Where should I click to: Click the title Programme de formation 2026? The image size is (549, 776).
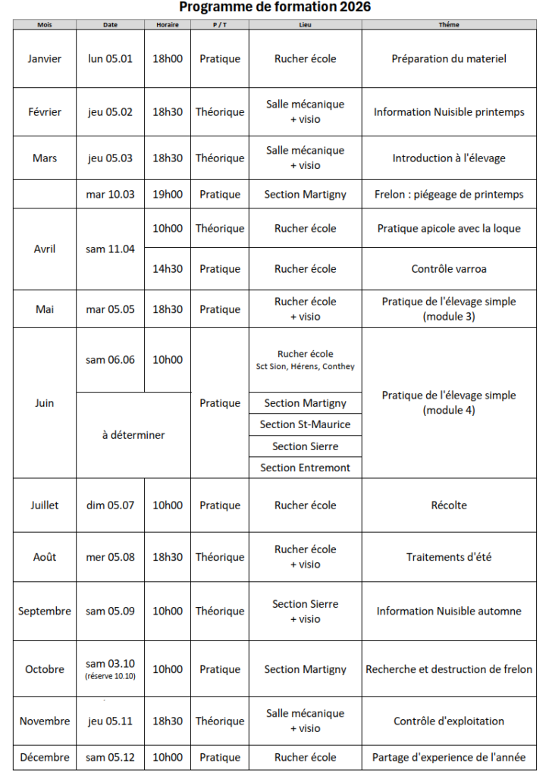click(274, 8)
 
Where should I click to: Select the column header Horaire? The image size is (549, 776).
click(167, 24)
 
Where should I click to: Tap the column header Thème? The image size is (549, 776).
click(448, 24)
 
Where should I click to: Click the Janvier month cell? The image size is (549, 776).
click(45, 58)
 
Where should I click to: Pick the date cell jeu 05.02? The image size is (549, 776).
click(110, 112)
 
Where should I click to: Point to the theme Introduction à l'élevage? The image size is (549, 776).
click(448, 158)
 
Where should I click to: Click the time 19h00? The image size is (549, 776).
click(168, 194)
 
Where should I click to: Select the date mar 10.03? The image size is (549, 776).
click(110, 194)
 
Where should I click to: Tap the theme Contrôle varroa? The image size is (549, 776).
click(448, 269)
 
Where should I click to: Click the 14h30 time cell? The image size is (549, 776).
click(168, 269)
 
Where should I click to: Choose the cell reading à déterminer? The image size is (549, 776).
click(133, 435)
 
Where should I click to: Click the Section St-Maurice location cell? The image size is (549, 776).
click(305, 424)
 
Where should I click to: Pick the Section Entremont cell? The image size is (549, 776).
click(305, 468)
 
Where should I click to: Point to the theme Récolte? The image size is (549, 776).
click(448, 505)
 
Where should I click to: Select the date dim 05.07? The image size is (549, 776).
click(110, 505)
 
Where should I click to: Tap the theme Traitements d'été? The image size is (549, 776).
click(448, 557)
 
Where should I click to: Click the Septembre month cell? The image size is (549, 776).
click(45, 611)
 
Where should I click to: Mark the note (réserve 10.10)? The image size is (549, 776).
click(110, 676)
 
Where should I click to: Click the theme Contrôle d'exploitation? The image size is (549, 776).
click(448, 721)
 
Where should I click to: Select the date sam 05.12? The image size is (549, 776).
click(110, 757)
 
